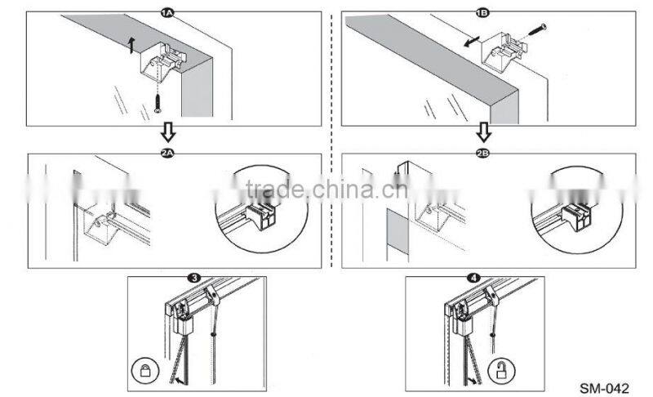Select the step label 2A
pos(169,153)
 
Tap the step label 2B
pos(484,153)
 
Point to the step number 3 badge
pos(193,279)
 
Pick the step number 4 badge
pos(473,279)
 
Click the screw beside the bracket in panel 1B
pos(535,32)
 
